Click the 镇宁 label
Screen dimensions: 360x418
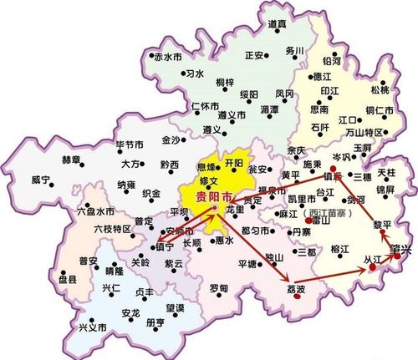[168, 248]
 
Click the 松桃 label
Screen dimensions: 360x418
[380, 89]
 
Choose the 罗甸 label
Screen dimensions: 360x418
[219, 288]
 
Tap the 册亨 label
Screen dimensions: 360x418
[155, 322]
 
